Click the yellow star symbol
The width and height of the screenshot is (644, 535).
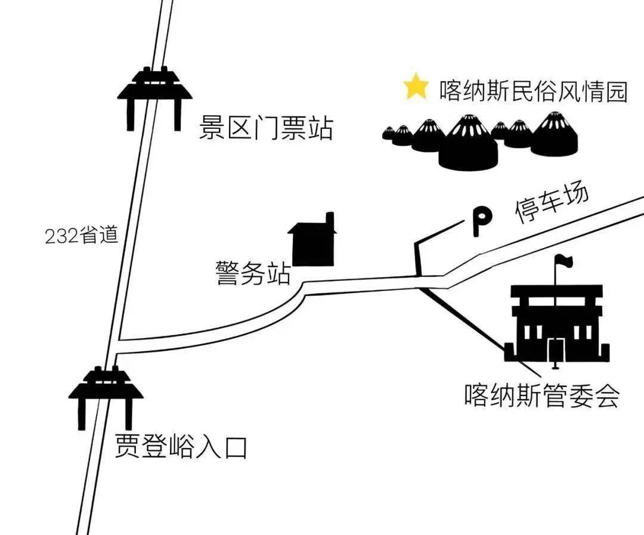pos(416,87)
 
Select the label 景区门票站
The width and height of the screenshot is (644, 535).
pos(265,128)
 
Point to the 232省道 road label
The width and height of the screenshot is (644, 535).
pos(82,236)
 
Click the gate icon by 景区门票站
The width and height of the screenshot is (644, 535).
pos(154,95)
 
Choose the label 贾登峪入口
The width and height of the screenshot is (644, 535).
pos(180,447)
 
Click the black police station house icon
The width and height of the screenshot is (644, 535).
pos(311,243)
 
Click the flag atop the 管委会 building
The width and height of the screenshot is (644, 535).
pos(563,261)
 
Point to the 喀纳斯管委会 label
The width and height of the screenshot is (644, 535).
pos(541,395)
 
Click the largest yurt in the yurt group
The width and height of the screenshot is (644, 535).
pos(468,145)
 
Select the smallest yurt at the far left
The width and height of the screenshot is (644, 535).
pos(389,133)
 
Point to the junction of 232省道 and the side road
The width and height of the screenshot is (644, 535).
pos(117,348)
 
